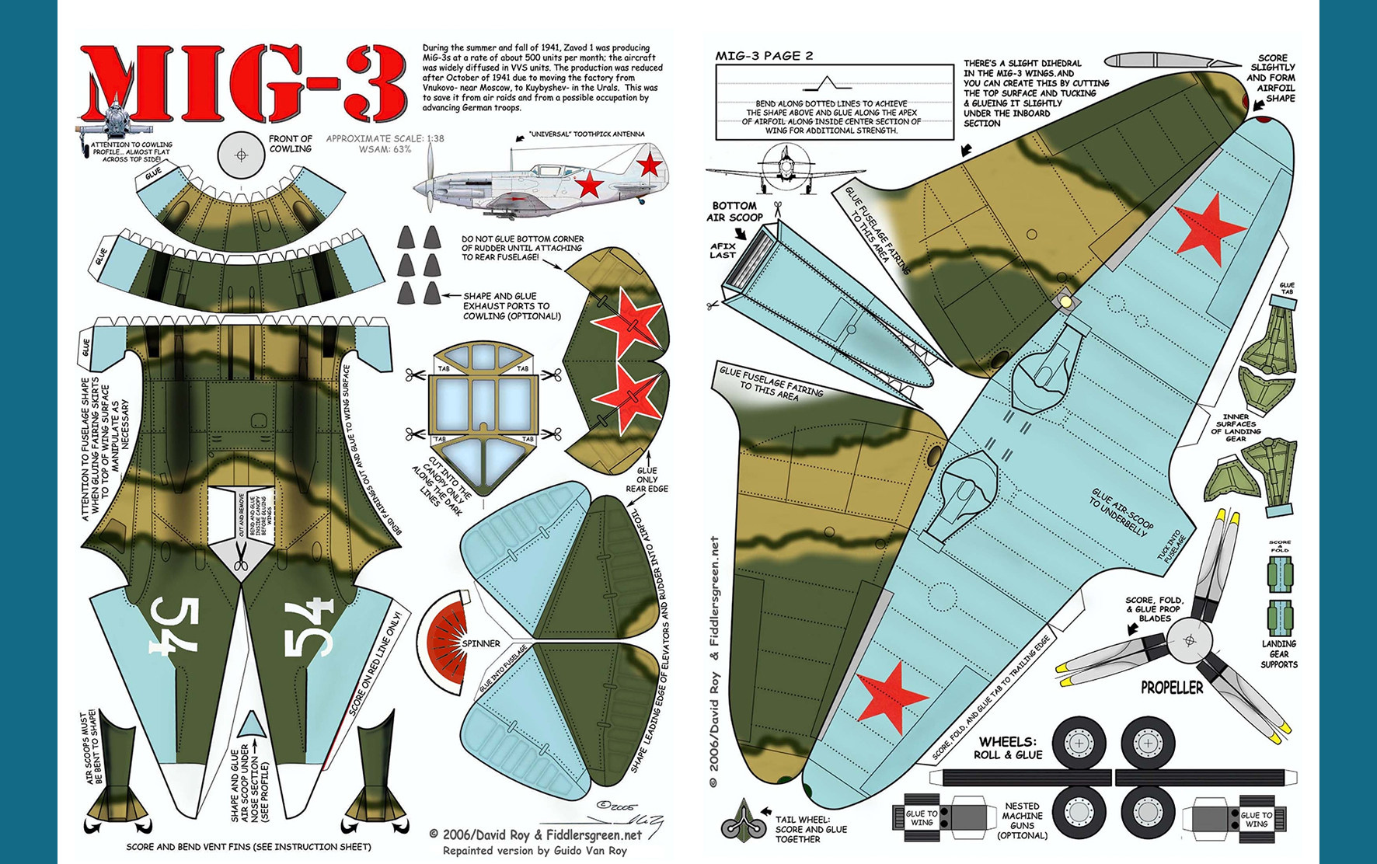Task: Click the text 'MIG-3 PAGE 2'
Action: click(764, 56)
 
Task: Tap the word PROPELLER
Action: click(1171, 688)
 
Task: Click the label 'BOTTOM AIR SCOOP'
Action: click(734, 211)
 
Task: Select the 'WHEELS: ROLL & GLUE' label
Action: click(1008, 747)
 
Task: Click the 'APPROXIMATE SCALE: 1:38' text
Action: click(385, 139)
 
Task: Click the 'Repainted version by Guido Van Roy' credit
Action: click(535, 851)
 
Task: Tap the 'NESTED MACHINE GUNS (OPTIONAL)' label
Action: click(1022, 820)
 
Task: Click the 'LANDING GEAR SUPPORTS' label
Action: click(1278, 654)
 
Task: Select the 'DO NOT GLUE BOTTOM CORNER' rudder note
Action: click(522, 248)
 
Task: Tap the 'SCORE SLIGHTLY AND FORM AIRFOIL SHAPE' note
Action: click(1272, 78)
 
